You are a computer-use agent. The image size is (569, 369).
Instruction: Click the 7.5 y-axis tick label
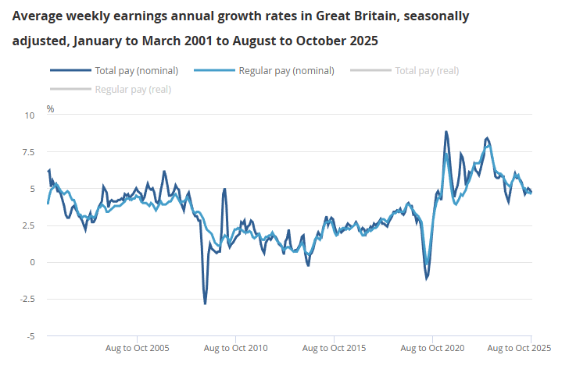(x=29, y=152)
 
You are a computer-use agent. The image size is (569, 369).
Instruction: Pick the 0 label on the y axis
(x=32, y=262)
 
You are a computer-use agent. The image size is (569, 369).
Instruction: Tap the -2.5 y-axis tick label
(x=27, y=300)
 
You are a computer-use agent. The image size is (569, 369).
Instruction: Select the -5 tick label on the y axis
(x=30, y=336)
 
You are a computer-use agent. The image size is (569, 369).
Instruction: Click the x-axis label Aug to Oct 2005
(x=138, y=348)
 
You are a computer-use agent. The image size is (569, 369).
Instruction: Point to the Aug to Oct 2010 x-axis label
(x=236, y=348)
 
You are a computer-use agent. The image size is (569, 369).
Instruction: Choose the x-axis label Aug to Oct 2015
(x=335, y=348)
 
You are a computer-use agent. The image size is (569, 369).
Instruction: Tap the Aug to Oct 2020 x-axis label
(x=433, y=348)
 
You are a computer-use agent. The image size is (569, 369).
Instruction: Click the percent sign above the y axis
(x=50, y=108)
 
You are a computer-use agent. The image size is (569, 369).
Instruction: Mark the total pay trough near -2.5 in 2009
(x=206, y=303)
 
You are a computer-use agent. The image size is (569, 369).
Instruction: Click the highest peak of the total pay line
(x=446, y=132)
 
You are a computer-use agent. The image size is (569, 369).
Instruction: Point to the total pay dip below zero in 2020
(x=426, y=278)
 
